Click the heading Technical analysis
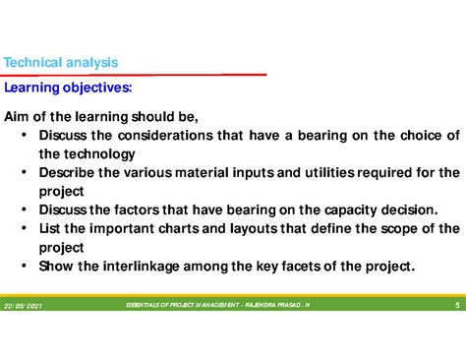pos(61,63)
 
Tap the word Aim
pos(20,117)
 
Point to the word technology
pos(99,154)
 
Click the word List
pos(51,229)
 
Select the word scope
pos(387,229)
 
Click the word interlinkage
pos(145,267)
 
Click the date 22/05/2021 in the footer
pos(24,306)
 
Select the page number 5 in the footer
pos(457,306)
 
